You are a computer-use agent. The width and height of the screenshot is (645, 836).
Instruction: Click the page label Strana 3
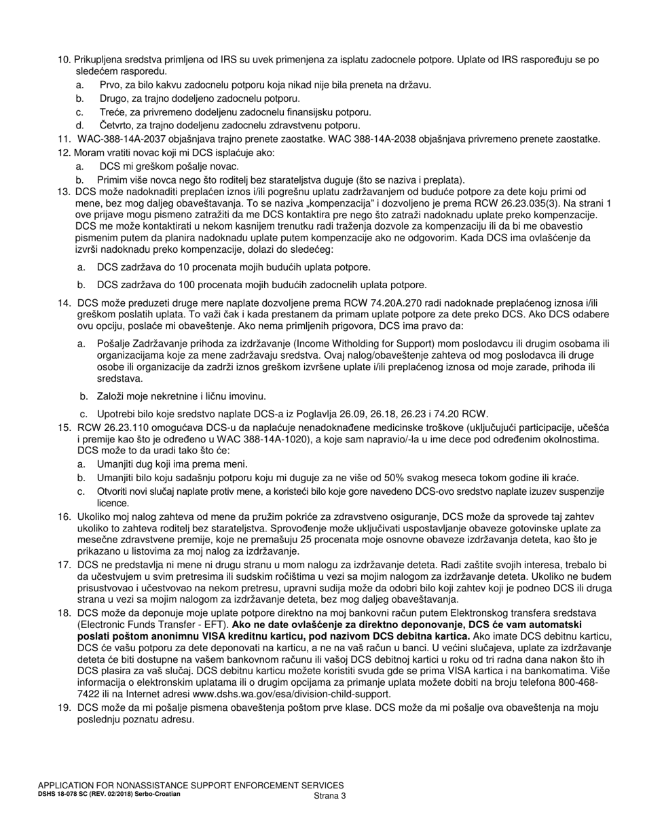click(x=330, y=796)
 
